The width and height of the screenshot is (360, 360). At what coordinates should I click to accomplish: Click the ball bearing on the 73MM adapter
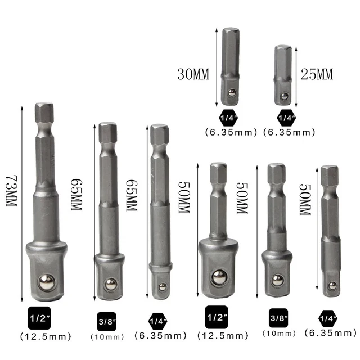[46, 281]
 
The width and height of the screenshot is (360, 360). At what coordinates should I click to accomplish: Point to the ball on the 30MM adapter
[231, 92]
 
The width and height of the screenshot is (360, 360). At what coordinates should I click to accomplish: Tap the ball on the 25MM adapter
[283, 96]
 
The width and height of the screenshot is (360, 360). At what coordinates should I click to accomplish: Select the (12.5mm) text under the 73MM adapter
[44, 336]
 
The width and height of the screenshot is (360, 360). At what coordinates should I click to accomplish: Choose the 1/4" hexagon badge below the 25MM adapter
[285, 118]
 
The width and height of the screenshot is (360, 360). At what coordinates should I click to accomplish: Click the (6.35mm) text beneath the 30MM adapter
[231, 133]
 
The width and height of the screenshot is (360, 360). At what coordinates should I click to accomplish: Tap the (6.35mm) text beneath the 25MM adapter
[289, 133]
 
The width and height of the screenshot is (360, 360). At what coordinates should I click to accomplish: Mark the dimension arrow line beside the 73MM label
[21, 203]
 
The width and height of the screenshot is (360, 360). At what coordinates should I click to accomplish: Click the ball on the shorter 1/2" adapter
[219, 276]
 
